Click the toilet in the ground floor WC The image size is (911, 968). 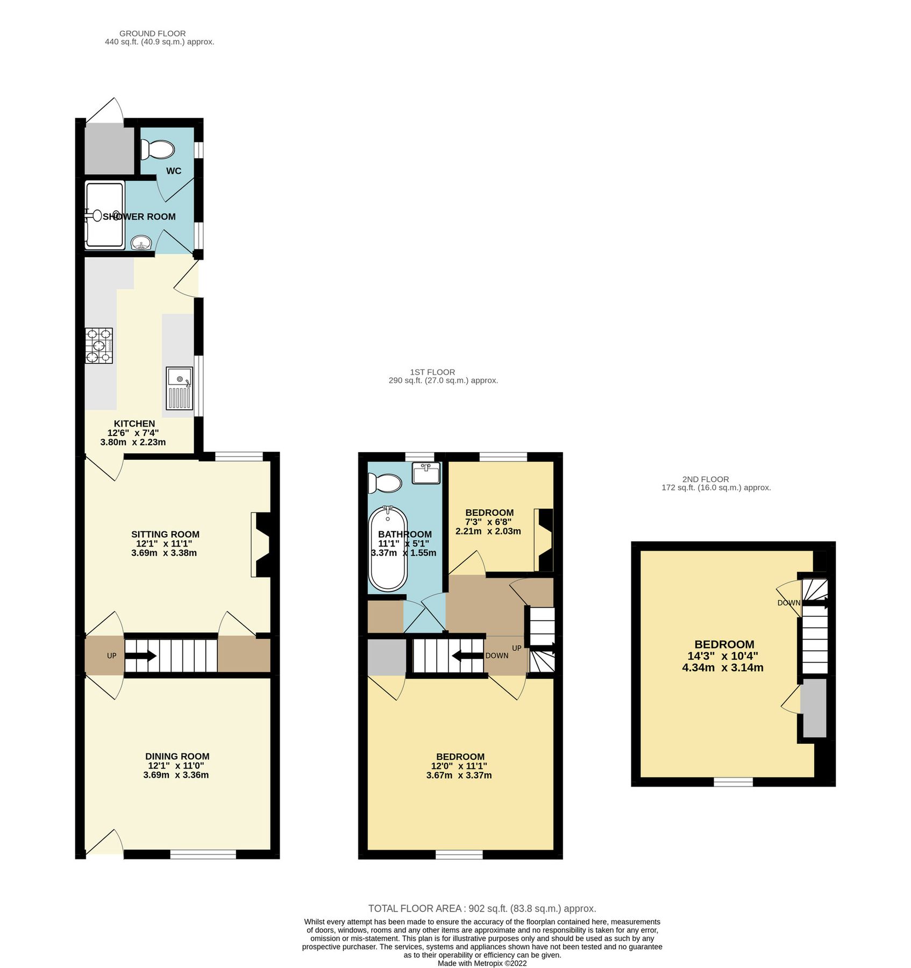pyautogui.click(x=157, y=150)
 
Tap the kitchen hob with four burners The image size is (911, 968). pyautogui.click(x=99, y=345)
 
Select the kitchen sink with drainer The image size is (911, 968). pyautogui.click(x=180, y=389)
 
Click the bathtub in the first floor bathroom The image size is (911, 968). pyautogui.click(x=388, y=549)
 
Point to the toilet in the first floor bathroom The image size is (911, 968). pyautogui.click(x=385, y=483)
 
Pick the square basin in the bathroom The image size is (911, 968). pyautogui.click(x=426, y=473)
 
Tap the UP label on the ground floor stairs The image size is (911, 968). pyautogui.click(x=111, y=656)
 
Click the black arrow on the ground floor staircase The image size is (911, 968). pyautogui.click(x=141, y=656)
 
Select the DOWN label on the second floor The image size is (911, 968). pyautogui.click(x=788, y=603)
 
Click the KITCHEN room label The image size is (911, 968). pyautogui.click(x=134, y=424)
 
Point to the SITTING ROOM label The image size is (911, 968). pyautogui.click(x=165, y=534)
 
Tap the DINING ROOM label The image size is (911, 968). pyautogui.click(x=177, y=756)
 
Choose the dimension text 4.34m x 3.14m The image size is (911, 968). pyautogui.click(x=722, y=668)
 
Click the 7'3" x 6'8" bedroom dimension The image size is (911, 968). pyautogui.click(x=488, y=522)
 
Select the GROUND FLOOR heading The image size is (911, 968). pyautogui.click(x=153, y=33)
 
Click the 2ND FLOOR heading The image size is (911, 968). pyautogui.click(x=705, y=479)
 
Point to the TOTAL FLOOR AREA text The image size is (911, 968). pyautogui.click(x=482, y=908)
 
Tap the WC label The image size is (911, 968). pyautogui.click(x=174, y=171)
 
